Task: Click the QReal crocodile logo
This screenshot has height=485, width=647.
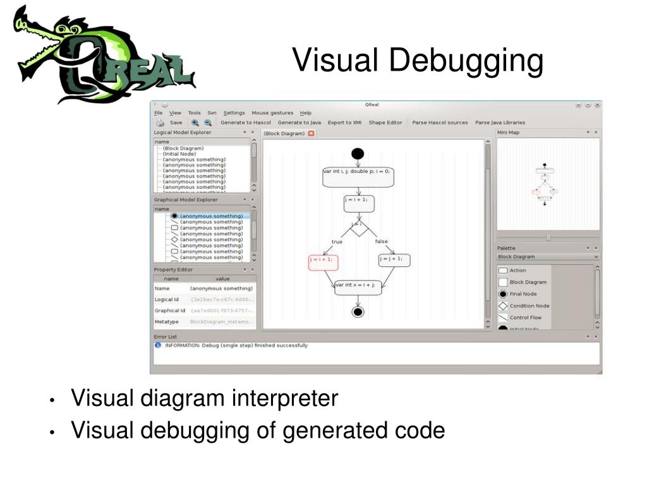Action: [x=101, y=56]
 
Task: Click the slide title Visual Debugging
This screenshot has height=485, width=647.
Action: [x=418, y=61]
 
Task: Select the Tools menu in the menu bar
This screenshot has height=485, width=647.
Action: [x=194, y=113]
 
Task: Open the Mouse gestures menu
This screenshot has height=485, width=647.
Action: [x=272, y=113]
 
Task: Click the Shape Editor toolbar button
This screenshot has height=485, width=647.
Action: [x=385, y=123]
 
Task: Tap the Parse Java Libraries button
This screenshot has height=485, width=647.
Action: [x=500, y=123]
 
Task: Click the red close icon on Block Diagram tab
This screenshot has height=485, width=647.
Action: [x=311, y=133]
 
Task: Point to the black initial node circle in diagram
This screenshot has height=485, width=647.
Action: [x=358, y=153]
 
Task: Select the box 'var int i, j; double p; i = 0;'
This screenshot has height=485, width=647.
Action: [x=358, y=177]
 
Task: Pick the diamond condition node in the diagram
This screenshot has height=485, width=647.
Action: [x=358, y=226]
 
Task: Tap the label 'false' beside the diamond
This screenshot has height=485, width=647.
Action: [x=381, y=241]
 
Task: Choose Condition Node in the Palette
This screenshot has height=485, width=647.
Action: [x=529, y=306]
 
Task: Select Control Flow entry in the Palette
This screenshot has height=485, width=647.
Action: [x=525, y=318]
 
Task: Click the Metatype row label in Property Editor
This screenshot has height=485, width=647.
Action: [x=167, y=322]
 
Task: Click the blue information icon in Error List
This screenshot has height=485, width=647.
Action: [x=158, y=345]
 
